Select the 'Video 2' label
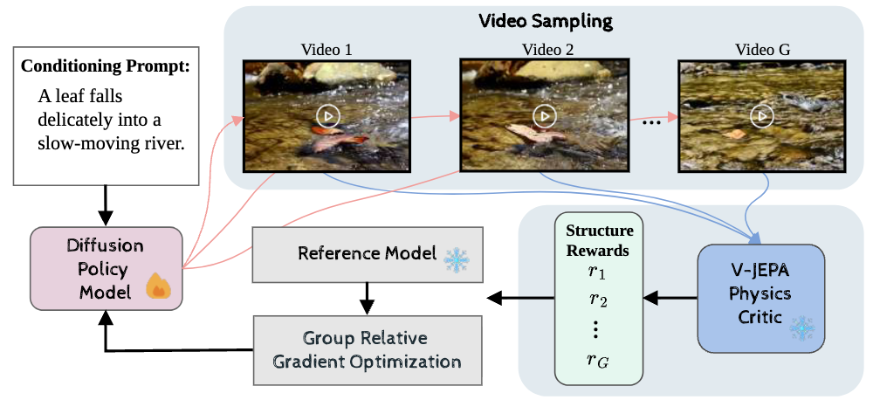pyautogui.click(x=543, y=49)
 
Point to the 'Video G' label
pyautogui.click(x=761, y=49)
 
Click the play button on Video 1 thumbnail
pyautogui.click(x=327, y=115)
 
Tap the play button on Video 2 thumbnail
pyautogui.click(x=545, y=115)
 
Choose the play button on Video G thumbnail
pyautogui.click(x=763, y=115)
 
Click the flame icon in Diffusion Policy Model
pyautogui.click(x=157, y=286)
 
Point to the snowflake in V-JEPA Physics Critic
pyautogui.click(x=801, y=328)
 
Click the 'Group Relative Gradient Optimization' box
pyautogui.click(x=367, y=349)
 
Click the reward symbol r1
pyautogui.click(x=598, y=271)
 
